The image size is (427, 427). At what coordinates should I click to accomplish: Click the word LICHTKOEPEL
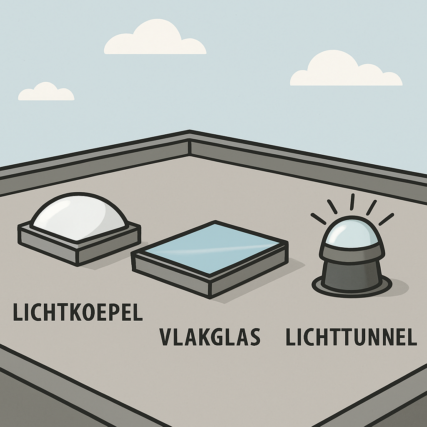pos(78,312)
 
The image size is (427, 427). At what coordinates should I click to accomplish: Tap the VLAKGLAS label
pos(210,337)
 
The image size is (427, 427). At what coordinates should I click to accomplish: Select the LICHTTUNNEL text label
pos(351,337)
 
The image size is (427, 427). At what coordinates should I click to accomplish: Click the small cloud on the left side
pos(46,93)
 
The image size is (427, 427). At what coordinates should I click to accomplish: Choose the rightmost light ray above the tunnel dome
pos(386,219)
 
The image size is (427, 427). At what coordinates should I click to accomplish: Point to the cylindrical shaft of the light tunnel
pos(352,274)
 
